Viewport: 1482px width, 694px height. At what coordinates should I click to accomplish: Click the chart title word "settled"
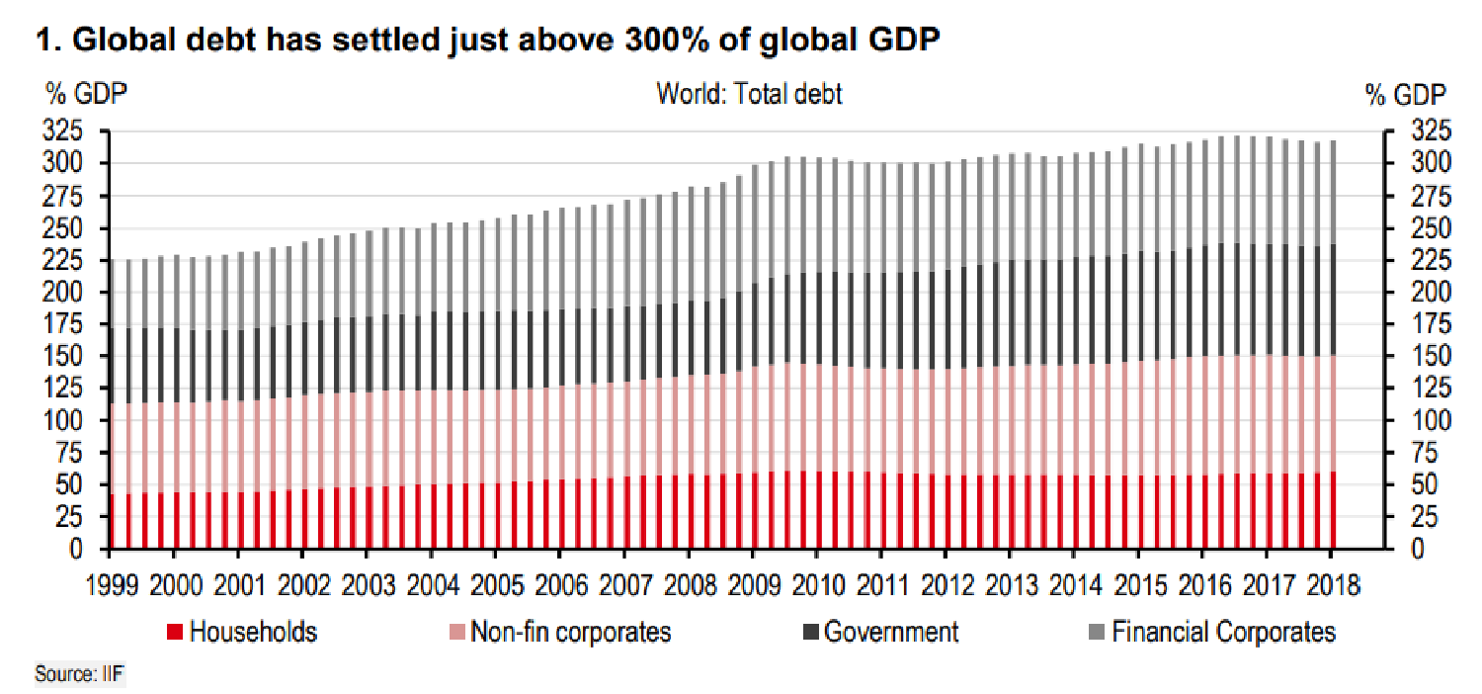point(385,40)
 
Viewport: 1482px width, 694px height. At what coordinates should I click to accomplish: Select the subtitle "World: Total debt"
point(749,94)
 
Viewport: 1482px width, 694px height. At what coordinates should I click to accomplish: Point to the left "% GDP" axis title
point(86,94)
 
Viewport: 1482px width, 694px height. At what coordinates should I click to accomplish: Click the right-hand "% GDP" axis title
point(1406,95)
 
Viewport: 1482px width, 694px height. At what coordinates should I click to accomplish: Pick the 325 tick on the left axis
point(63,130)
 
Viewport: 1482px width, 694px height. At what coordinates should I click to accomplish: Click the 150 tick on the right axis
point(1431,356)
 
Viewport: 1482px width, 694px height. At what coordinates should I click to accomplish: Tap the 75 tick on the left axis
point(69,453)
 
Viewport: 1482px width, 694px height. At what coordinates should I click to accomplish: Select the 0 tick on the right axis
point(1418,549)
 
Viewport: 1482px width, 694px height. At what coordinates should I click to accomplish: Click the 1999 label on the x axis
point(113,585)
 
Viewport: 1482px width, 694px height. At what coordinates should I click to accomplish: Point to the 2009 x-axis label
point(754,585)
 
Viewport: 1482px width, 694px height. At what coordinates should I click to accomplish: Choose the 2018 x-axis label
point(1333,585)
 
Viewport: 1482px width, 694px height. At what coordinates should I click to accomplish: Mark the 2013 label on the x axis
point(1012,585)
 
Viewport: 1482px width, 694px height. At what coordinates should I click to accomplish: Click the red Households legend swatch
point(175,632)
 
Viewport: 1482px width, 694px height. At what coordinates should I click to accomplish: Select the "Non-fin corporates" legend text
point(571,632)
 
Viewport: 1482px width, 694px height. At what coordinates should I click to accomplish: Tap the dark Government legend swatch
point(810,632)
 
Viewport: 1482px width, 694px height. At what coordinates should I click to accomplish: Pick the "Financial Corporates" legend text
point(1223,632)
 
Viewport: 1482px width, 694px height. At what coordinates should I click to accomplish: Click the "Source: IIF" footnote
point(79,674)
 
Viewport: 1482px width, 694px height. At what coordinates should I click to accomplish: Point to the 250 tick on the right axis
point(1431,227)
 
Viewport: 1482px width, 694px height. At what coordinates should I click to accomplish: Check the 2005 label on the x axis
point(497,585)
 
